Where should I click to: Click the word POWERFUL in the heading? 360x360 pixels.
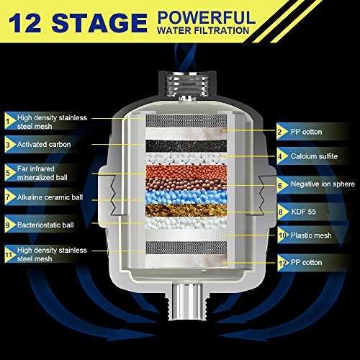pyautogui.click(x=207, y=17)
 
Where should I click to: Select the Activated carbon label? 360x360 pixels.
pyautogui.click(x=44, y=144)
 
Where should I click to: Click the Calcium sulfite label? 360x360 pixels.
pyautogui.click(x=314, y=156)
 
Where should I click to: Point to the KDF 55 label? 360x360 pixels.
pyautogui.click(x=304, y=212)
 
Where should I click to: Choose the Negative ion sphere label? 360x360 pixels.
pyautogui.click(x=323, y=184)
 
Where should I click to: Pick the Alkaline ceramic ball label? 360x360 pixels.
pyautogui.click(x=50, y=197)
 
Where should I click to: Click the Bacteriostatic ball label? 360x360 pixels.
pyautogui.click(x=45, y=225)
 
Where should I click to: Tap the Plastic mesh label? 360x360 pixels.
pyautogui.click(x=311, y=235)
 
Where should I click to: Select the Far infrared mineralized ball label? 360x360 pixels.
pyautogui.click(x=42, y=173)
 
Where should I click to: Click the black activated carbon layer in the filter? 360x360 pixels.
pyautogui.click(x=186, y=146)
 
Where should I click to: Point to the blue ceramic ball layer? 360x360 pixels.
pyautogui.click(x=186, y=197)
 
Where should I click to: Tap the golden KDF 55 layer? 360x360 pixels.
pyautogui.click(x=186, y=210)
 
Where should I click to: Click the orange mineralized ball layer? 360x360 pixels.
pyautogui.click(x=186, y=171)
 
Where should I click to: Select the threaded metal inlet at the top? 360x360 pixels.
pyautogui.click(x=186, y=85)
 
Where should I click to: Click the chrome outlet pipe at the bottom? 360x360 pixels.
pyautogui.click(x=186, y=302)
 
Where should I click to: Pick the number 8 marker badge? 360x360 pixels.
pyautogui.click(x=282, y=212)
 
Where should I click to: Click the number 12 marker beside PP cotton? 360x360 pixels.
pyautogui.click(x=283, y=263)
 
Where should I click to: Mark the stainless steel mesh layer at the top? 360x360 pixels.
pyautogui.click(x=186, y=120)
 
